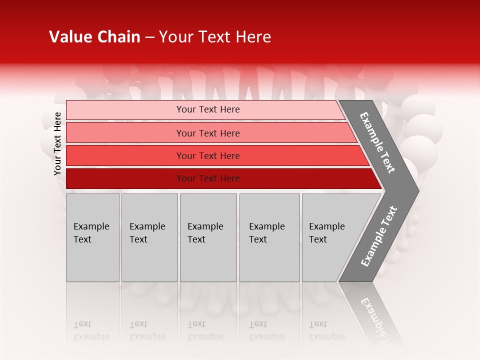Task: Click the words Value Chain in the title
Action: tap(94, 37)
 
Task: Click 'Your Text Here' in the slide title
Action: tap(215, 37)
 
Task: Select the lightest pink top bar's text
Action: tap(208, 109)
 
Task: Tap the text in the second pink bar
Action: tap(208, 133)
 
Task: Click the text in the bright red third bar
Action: tap(208, 156)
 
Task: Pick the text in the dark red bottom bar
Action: tap(208, 178)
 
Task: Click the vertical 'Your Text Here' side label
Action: tap(57, 143)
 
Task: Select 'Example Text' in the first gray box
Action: tap(91, 233)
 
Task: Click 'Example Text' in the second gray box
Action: tap(147, 233)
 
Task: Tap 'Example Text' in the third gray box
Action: tap(205, 233)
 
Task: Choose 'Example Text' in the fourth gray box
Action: tap(266, 233)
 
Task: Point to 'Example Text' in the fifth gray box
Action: tap(326, 233)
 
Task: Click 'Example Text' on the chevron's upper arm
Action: tap(377, 142)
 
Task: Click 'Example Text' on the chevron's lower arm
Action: tap(379, 236)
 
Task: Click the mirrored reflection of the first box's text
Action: tap(91, 330)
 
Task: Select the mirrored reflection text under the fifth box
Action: tap(326, 330)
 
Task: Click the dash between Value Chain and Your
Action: tap(149, 37)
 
